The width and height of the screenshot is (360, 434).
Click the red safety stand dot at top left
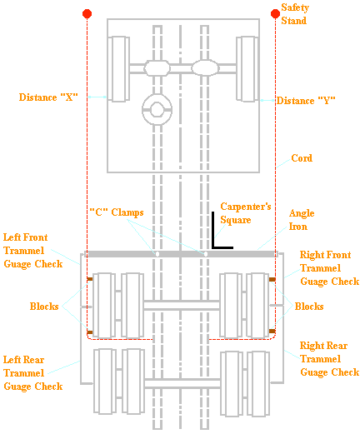(x=87, y=14)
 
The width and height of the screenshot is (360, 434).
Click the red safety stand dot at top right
(x=275, y=13)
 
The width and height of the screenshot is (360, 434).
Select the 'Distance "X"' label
(x=48, y=97)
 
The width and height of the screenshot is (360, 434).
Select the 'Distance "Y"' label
(x=306, y=101)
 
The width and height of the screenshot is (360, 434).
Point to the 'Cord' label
(x=301, y=158)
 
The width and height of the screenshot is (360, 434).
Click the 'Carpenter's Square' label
(x=246, y=212)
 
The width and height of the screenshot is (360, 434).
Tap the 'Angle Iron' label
(x=301, y=219)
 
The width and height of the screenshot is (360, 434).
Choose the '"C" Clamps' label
(x=116, y=212)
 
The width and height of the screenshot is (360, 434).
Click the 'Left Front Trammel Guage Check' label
(x=33, y=249)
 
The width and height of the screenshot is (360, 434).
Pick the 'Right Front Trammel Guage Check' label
(x=329, y=267)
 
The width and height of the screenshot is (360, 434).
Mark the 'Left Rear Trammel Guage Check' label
(x=33, y=372)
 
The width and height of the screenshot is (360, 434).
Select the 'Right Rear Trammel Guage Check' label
(x=329, y=358)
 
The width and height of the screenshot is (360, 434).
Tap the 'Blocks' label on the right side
(x=309, y=307)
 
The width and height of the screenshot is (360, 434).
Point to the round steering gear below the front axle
(x=155, y=108)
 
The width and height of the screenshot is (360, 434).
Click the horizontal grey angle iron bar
(x=179, y=254)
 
